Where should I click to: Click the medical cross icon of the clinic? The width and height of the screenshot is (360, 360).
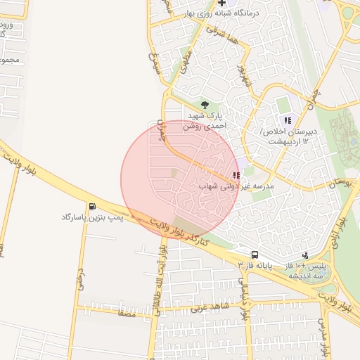pos(221,4)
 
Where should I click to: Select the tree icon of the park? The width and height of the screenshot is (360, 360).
pos(205,105)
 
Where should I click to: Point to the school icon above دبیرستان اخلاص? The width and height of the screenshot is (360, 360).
pos(287,120)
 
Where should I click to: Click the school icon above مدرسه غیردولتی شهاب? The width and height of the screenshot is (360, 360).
pos(236,175)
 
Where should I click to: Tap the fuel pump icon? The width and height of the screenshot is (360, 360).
pos(93,206)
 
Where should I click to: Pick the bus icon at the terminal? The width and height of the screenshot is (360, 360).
pos(255,254)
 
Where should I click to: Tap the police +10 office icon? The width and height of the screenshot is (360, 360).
pos(305,255)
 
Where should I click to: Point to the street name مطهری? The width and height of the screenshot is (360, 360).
pos(184,65)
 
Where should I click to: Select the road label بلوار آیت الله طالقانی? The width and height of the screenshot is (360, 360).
pos(162,281)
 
